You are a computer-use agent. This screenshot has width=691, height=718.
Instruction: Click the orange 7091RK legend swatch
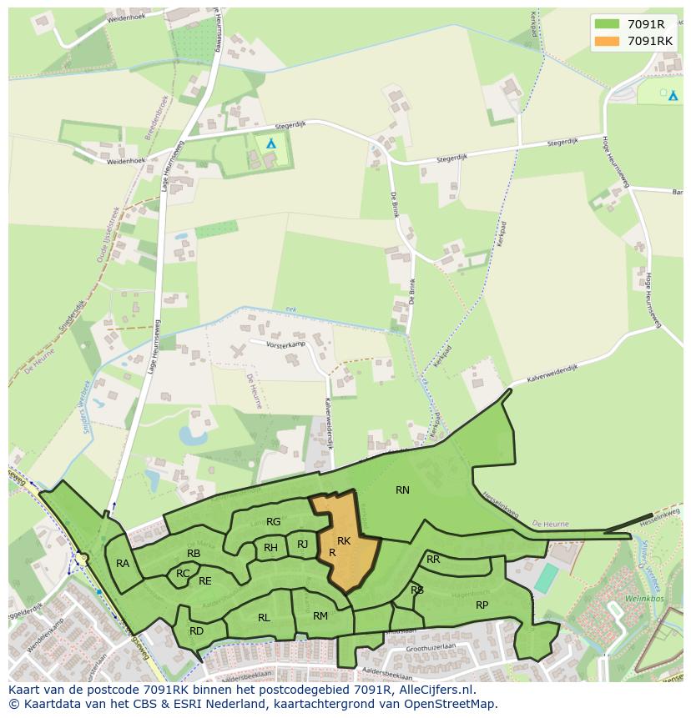608,41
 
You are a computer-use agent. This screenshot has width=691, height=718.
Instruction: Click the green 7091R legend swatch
608,24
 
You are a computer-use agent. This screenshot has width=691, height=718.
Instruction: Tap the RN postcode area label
402,490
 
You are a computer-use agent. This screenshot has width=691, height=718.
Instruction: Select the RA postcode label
123,564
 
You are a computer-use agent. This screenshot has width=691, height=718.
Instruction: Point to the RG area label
273,522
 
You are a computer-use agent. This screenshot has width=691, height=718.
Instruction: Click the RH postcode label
270,548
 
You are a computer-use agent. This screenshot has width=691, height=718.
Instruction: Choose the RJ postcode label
302,545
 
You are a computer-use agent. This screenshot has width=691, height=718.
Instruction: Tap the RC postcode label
183,574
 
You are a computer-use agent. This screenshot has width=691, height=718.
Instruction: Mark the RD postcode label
196,631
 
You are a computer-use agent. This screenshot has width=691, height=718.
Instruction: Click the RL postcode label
264,618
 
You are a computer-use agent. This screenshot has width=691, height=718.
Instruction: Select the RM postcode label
320,616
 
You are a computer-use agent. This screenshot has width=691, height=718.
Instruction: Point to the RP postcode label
482,605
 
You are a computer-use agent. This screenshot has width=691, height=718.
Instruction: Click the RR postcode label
433,560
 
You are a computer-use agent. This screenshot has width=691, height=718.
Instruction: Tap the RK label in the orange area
344,541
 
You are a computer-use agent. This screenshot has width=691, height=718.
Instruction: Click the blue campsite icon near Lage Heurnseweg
270,143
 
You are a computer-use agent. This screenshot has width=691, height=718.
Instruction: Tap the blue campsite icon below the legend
673,96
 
